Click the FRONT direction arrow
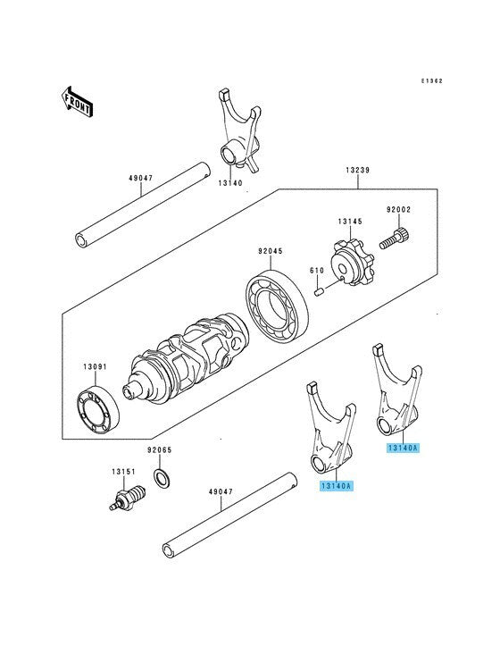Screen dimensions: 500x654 [77, 101]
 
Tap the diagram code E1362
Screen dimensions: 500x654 [431, 81]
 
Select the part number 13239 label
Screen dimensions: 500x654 [357, 171]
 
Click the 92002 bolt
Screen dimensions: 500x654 [395, 239]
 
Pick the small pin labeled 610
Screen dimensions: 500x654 [319, 291]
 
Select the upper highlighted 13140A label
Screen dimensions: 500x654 [403, 448]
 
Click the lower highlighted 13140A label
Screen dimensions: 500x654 [337, 486]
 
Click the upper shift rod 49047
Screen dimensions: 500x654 [142, 205]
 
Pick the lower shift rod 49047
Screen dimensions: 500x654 [230, 516]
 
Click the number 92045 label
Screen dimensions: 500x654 [270, 251]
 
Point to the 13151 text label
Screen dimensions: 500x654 [123, 472]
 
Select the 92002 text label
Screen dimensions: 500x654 [398, 209]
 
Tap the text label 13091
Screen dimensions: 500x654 [95, 367]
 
